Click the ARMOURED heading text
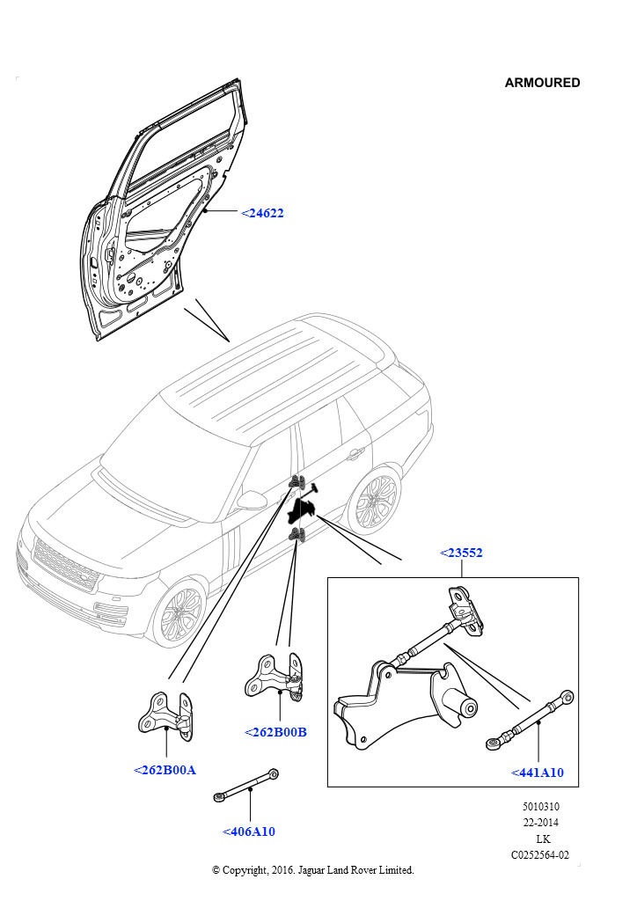point(542,83)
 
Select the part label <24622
point(262,213)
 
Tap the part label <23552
point(461,553)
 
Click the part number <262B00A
point(165,770)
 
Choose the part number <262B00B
point(275,732)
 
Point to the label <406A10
point(249,831)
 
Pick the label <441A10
point(537,773)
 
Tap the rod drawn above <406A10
point(247,784)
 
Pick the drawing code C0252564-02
point(540,854)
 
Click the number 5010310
point(540,807)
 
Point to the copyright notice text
point(312,870)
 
